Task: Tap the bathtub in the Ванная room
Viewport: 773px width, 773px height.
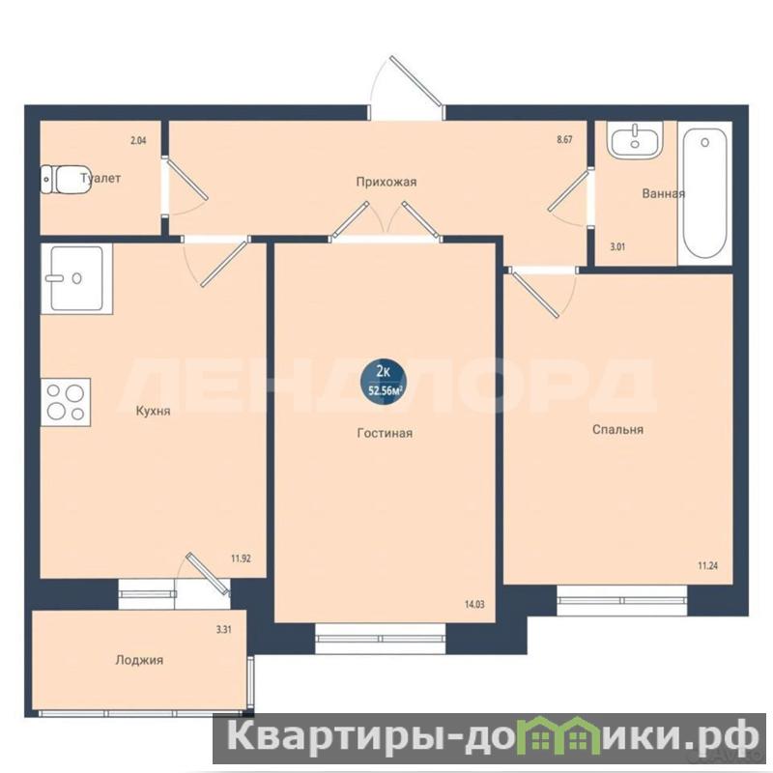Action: point(705,193)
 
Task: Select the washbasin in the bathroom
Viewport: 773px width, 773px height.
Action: point(635,139)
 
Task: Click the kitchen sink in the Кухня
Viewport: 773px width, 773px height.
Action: point(76,278)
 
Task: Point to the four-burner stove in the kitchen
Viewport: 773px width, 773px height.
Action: point(66,402)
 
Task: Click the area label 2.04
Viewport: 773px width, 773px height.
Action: point(138,140)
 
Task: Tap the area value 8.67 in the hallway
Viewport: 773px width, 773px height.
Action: point(564,139)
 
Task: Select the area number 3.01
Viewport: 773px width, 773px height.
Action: point(617,247)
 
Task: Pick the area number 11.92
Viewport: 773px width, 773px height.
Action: point(241,558)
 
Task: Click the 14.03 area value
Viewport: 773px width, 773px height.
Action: point(474,604)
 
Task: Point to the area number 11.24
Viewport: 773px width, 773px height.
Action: point(707,565)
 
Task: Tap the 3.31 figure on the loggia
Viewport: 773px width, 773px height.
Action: point(224,630)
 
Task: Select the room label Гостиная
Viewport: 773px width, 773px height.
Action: point(385,433)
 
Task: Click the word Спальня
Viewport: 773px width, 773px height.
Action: point(617,430)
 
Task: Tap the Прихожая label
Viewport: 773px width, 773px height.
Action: point(386,182)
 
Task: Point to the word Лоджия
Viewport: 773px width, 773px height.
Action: point(139,660)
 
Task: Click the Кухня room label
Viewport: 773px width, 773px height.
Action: point(154,412)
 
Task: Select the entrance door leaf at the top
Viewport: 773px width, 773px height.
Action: point(415,80)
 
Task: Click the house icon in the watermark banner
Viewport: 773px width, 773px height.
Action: point(561,737)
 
